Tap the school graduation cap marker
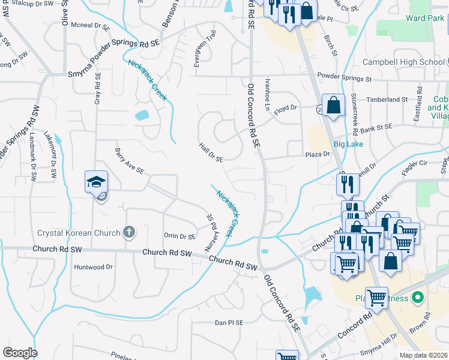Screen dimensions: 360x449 pos(96,181)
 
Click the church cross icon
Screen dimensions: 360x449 pos(127,232)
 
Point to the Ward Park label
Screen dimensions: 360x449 pos(424,18)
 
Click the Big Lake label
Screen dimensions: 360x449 pos(348,144)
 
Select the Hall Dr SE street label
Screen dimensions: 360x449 pos(211,152)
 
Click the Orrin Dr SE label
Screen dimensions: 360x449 pos(180,236)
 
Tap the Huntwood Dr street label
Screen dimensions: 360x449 pos(93,266)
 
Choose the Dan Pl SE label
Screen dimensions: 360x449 pos(229,322)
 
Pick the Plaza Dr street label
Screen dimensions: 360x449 pos(318,154)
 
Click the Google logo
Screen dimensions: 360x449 pos(20,353)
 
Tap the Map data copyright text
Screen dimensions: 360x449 pos(423,355)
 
